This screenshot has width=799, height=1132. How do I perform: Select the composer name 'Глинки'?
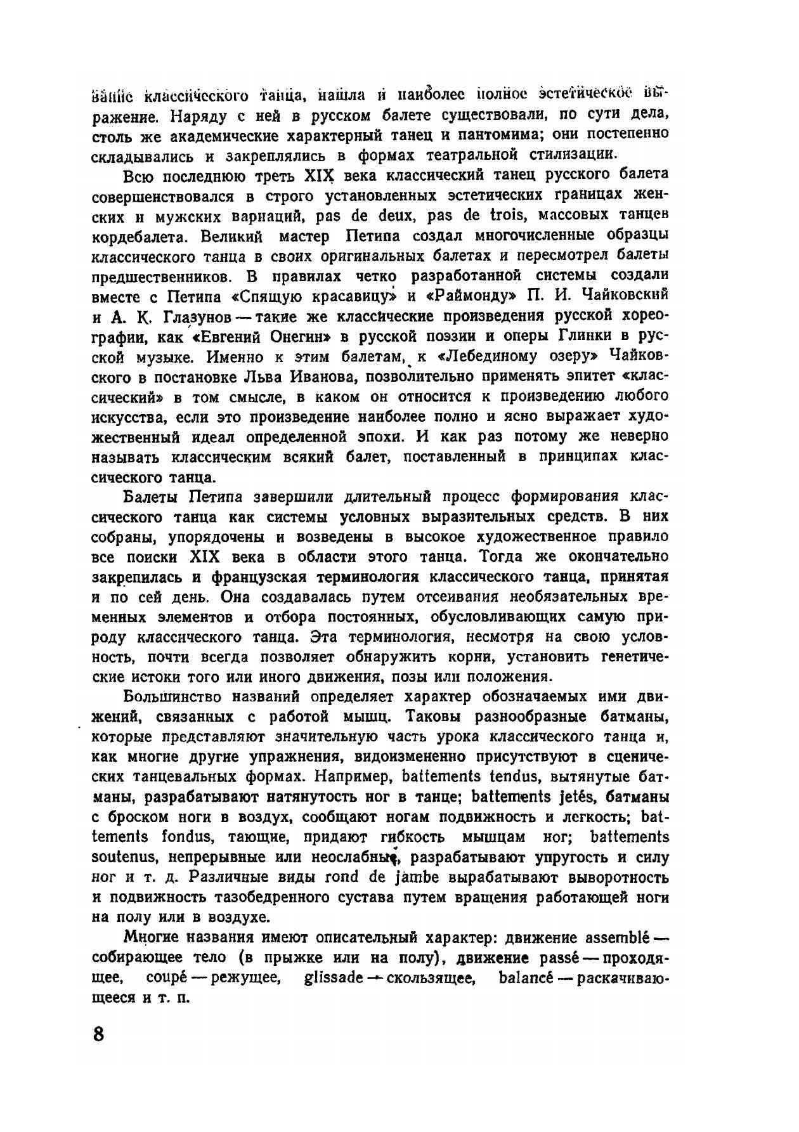tap(590, 336)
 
